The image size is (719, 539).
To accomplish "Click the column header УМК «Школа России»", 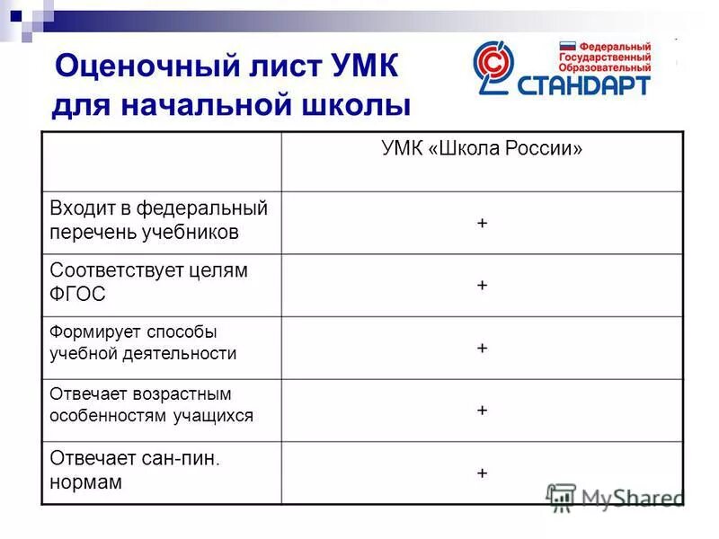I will pos(482,149).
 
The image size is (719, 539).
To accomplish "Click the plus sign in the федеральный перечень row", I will pos(483,223).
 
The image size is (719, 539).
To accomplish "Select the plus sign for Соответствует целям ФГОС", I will pos(483,285).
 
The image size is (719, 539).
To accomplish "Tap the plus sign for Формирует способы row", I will pos(483,348).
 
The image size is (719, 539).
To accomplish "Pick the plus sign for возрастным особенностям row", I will pos(483,410).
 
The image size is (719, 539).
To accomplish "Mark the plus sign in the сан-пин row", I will pos(483,473).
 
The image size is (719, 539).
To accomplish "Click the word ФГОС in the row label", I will pos(77,294).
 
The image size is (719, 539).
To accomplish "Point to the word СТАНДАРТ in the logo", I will pos(583,84).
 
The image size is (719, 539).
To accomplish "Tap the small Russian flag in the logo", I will pos(567,45).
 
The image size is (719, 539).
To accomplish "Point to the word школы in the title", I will pos(354,105).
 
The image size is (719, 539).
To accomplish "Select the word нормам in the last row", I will pos(86,482).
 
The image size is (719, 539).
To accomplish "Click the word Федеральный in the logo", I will pos(615,45).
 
